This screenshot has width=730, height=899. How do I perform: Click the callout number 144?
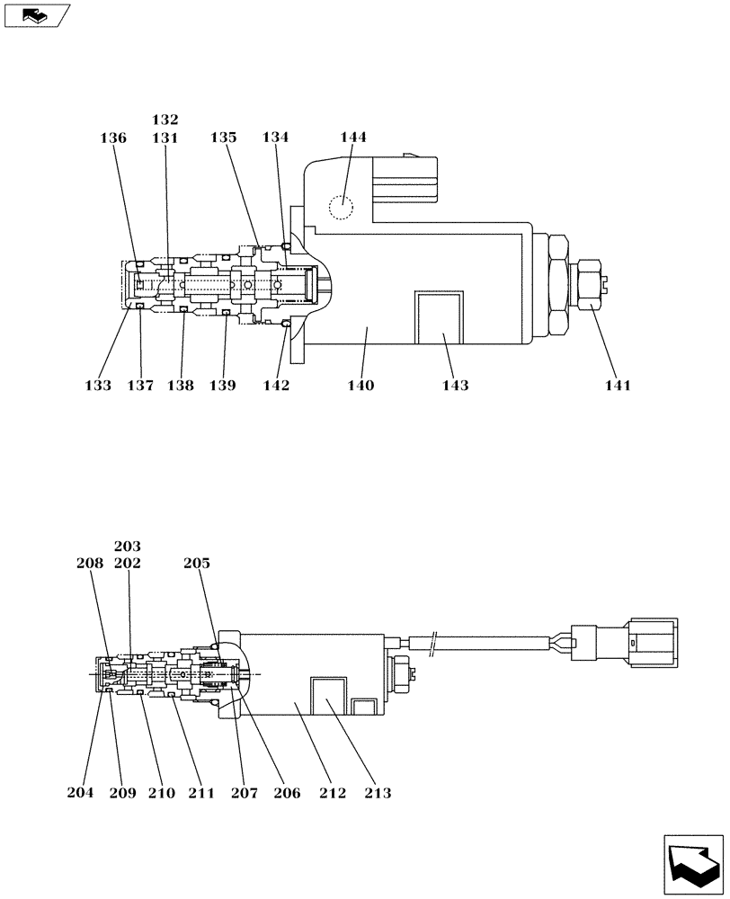coord(353,138)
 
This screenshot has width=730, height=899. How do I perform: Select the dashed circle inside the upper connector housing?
coord(342,208)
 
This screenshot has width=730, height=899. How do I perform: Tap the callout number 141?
coord(617,386)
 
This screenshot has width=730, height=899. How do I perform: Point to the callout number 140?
coord(361,386)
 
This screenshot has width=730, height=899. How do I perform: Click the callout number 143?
coord(455,386)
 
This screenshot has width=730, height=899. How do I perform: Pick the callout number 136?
coord(113,138)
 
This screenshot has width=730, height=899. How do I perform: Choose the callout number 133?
coord(98,386)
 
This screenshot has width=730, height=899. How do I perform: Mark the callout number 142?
coord(276,386)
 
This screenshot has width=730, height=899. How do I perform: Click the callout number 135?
coord(224,138)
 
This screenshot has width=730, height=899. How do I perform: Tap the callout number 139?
coord(222,386)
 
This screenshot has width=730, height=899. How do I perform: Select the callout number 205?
coord(197,564)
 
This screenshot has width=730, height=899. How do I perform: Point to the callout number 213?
coord(378,793)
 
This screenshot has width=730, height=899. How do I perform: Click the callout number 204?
coord(80,793)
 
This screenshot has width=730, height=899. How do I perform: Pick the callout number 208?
coord(90,564)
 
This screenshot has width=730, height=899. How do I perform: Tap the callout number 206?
coord(289,793)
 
